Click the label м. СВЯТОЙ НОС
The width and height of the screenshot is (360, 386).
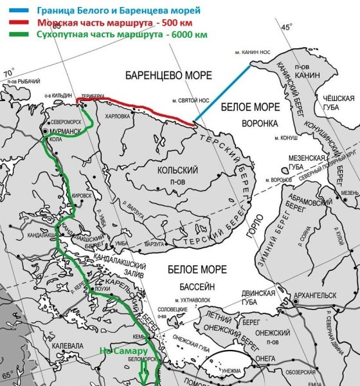(x=189, y=101)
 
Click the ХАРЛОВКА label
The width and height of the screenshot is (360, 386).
(x=117, y=116)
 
